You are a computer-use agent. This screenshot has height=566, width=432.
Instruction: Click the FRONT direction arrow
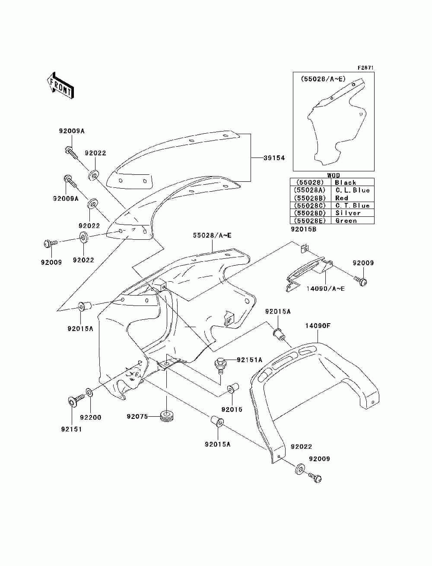[x=60, y=86]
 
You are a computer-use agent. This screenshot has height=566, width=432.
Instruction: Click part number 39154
[x=274, y=158]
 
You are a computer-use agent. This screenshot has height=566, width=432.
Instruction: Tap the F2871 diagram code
[x=365, y=68]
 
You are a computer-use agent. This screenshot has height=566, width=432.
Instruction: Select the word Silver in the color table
[x=348, y=213]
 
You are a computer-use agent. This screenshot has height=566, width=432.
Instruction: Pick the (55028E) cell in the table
[x=310, y=221]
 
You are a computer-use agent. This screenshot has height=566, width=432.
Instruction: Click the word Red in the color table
[x=342, y=198]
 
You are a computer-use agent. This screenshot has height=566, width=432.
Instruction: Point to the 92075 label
[x=137, y=416]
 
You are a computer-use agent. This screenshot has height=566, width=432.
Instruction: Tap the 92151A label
[x=249, y=360]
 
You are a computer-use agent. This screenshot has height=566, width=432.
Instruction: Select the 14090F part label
[x=318, y=326]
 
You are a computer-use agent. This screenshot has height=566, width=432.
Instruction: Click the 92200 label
[x=90, y=418]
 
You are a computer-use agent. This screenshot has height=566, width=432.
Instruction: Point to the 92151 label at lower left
[x=71, y=429]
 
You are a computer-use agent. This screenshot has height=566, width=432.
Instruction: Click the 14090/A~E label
[x=325, y=289]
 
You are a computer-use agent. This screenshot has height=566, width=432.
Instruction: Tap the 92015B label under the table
[x=304, y=229]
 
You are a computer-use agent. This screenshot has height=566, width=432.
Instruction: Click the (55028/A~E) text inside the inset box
[x=323, y=79]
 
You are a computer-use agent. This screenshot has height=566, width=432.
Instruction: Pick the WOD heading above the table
[x=334, y=175]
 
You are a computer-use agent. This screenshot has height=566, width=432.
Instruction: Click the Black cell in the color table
[x=346, y=183]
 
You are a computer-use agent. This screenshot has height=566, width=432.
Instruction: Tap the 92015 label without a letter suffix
[x=232, y=409]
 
